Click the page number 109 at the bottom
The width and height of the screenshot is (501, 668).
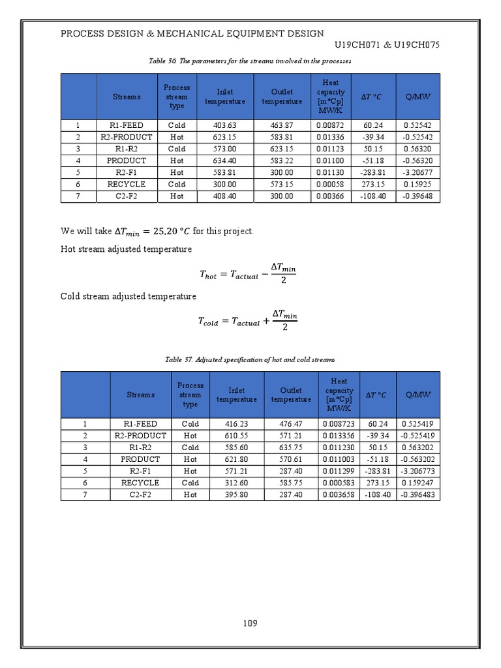250,623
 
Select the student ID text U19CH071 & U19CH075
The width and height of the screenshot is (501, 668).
387,45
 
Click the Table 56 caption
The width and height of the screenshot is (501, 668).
250,61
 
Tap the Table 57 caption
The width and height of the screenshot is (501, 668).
250,359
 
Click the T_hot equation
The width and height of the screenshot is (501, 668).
249,274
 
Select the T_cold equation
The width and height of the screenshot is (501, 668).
249,320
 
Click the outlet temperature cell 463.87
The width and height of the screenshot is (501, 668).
282,125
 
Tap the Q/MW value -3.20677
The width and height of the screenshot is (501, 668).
417,172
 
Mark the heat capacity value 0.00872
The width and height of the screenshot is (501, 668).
333,125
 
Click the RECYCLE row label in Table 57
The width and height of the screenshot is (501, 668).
140,483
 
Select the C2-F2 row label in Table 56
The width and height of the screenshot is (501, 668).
126,196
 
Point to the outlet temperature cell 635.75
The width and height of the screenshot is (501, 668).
291,448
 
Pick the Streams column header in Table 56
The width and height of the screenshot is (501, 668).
126,97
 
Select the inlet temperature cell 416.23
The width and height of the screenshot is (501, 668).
236,424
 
